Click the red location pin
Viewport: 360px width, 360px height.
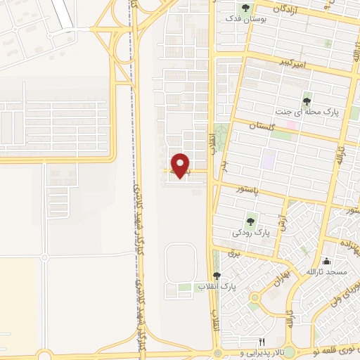pyautogui.click(x=181, y=165)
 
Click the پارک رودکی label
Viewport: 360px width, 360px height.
pyautogui.click(x=251, y=231)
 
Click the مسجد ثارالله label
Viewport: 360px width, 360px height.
pyautogui.click(x=326, y=271)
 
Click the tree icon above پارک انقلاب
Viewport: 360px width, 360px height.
pyautogui.click(x=217, y=276)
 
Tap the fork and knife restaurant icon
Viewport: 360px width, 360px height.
pyautogui.click(x=262, y=341)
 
